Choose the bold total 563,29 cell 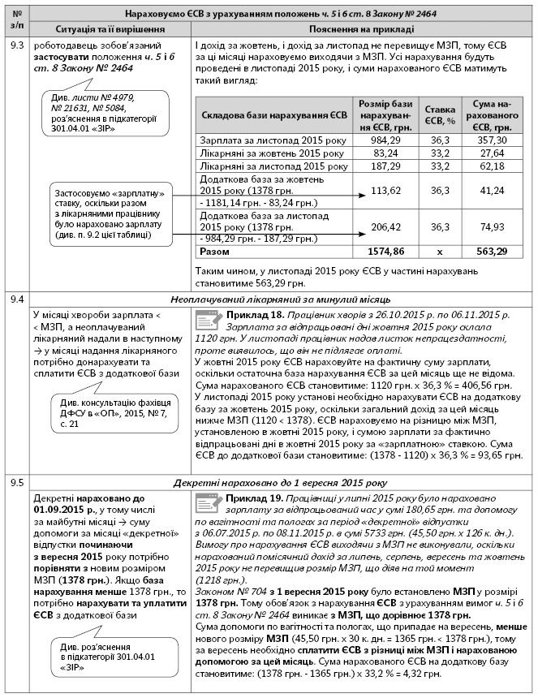(491, 252)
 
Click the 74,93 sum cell (491, 226)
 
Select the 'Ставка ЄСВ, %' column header (438, 114)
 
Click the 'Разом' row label (215, 252)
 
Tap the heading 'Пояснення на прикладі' (362, 28)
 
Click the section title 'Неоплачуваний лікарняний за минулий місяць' (281, 299)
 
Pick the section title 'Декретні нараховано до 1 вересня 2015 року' (281, 482)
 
